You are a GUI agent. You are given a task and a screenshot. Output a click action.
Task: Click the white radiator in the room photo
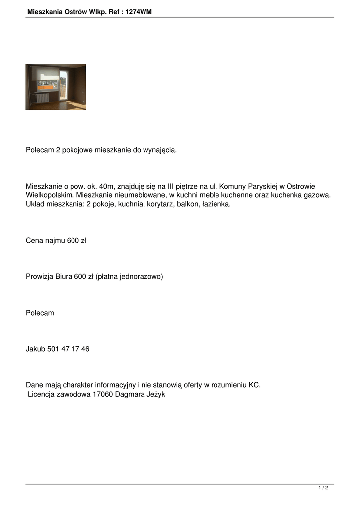43,98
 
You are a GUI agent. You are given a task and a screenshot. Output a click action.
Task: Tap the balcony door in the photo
63,85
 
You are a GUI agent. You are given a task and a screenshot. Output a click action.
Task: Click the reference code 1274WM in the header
139,12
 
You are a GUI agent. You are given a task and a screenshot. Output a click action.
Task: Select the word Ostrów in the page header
74,12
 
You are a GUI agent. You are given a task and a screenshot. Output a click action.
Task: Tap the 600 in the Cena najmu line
73,241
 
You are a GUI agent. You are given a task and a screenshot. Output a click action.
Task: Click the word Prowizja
39,277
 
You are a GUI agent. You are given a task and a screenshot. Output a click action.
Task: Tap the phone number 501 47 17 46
69,349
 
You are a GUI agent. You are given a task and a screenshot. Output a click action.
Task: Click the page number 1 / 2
323,488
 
